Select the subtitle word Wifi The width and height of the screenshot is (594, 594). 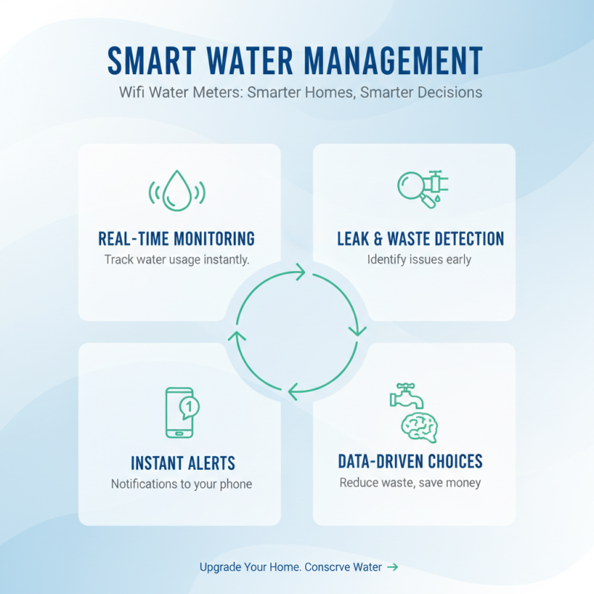pyautogui.click(x=133, y=93)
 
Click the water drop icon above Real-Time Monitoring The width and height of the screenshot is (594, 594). pyautogui.click(x=177, y=191)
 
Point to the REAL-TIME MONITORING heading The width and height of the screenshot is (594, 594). pyautogui.click(x=177, y=238)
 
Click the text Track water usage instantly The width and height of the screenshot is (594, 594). pyautogui.click(x=177, y=260)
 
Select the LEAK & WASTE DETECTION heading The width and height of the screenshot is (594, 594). pyautogui.click(x=420, y=238)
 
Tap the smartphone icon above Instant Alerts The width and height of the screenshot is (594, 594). pyautogui.click(x=178, y=413)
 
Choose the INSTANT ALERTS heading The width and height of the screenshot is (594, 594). pyautogui.click(x=183, y=463)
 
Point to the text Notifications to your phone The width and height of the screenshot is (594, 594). pyautogui.click(x=182, y=484)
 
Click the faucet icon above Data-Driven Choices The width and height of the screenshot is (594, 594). pyautogui.click(x=406, y=396)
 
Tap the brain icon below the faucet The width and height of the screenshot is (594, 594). pyautogui.click(x=420, y=426)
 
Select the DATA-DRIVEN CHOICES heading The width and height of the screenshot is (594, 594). pyautogui.click(x=410, y=461)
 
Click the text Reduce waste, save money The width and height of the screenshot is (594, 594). pyautogui.click(x=410, y=483)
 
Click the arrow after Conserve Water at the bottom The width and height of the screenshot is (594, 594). pyautogui.click(x=393, y=567)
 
